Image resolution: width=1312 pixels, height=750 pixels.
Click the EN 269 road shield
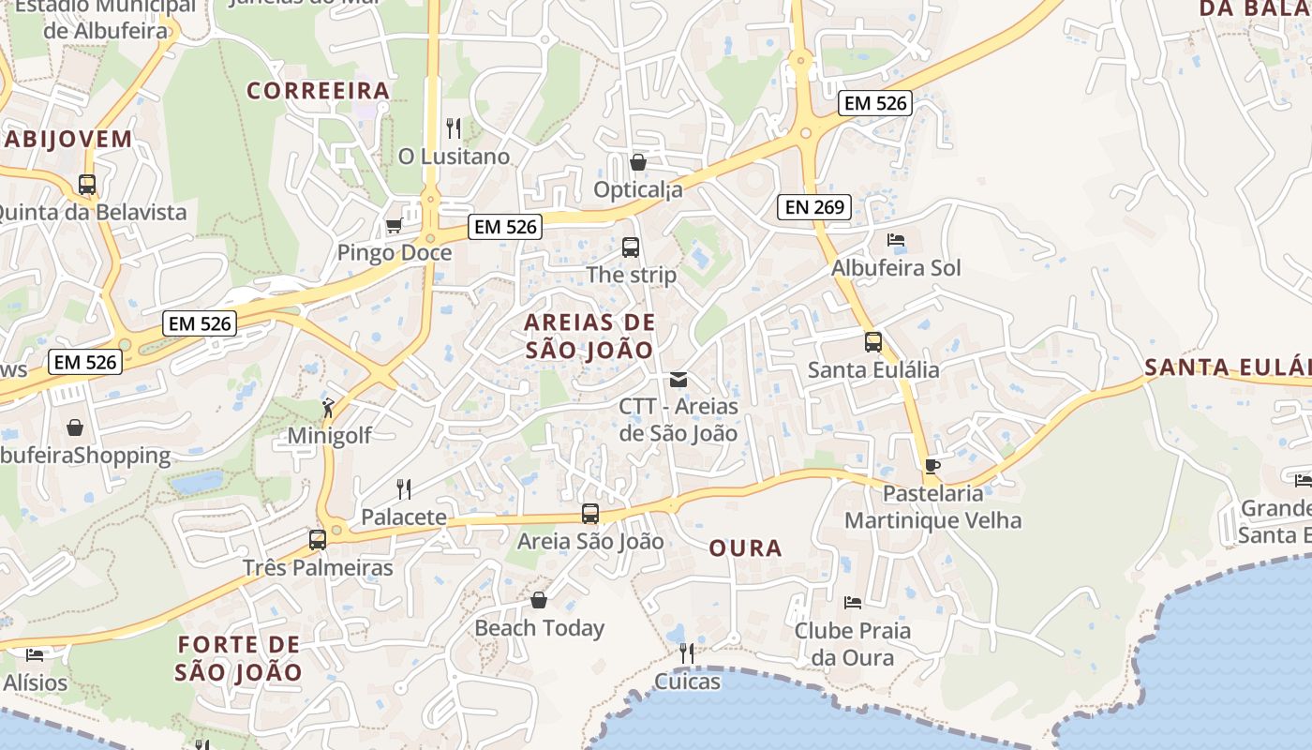point(814,207)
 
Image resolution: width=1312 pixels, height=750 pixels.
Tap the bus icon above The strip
point(631,247)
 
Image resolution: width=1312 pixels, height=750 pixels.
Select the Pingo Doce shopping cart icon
point(395,225)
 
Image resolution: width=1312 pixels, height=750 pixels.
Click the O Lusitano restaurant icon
point(454,128)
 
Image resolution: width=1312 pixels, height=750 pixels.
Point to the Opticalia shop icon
point(638,162)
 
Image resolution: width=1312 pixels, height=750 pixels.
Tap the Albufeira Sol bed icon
point(896,240)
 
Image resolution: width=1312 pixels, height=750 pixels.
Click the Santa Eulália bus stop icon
point(873,342)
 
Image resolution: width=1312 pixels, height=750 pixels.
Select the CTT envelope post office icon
point(678,380)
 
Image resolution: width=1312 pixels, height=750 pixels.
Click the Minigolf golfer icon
point(328,408)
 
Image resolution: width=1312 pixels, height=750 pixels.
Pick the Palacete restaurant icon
point(404,488)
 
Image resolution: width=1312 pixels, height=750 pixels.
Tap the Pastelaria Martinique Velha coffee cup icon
point(932,466)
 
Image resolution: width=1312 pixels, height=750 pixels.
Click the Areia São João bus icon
point(590,514)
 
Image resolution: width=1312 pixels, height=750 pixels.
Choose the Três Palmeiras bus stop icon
point(318,540)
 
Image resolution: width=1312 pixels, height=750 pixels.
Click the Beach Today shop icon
point(539,600)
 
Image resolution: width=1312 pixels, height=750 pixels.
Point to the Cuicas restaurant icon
point(687,652)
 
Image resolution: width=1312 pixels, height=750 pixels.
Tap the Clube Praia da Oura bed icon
point(852,602)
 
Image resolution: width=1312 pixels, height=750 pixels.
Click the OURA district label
point(745,548)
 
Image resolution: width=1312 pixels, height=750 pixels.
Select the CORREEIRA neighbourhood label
point(318,91)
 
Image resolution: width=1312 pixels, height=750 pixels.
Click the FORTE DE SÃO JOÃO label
point(239,658)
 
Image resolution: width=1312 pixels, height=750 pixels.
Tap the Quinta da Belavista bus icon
point(87,185)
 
